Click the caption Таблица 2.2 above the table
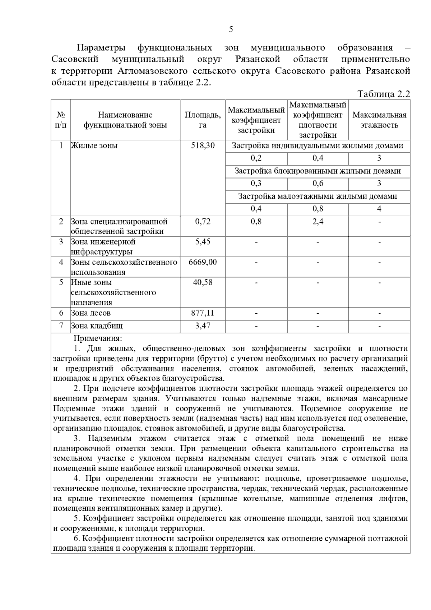384,94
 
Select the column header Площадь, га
203,120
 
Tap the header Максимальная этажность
379,120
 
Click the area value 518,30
203,145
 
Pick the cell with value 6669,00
203,262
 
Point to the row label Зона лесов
91,313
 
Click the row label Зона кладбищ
97,326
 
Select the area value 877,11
203,313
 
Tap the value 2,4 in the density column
318,221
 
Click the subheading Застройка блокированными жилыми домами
318,171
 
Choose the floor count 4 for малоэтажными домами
379,209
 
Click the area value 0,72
203,221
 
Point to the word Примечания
98,338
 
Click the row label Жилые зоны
94,145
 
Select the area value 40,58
203,282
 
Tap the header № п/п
61,120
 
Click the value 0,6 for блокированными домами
318,184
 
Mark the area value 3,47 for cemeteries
203,326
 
